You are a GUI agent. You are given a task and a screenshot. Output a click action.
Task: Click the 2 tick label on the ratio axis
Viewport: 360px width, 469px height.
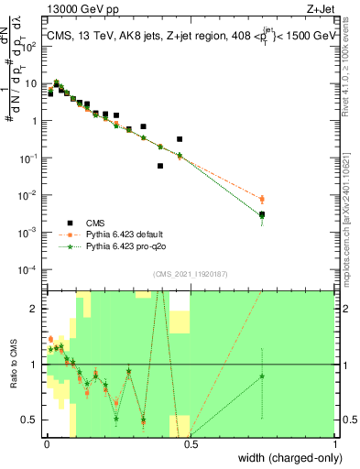(37, 309)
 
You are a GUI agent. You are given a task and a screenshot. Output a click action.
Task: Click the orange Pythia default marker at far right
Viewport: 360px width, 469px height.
(263, 199)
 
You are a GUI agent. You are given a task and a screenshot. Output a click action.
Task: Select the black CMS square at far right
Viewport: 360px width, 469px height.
(263, 214)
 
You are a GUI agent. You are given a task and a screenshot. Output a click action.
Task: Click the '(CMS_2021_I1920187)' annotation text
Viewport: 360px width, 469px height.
(191, 274)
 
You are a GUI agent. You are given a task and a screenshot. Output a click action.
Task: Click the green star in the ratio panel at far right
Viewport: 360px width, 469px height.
(263, 376)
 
